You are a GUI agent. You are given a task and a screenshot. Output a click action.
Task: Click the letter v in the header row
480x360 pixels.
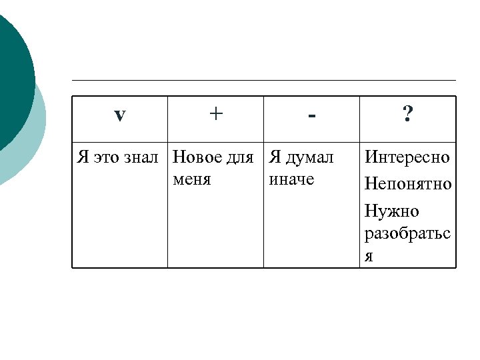point(119,115)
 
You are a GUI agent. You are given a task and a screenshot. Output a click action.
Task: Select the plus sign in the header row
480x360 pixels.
point(215,114)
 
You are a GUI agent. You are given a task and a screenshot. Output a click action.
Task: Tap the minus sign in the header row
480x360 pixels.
point(311,117)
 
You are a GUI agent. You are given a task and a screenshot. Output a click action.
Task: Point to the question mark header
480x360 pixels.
point(407,115)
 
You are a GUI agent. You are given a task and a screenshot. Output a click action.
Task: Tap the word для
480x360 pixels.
point(240,159)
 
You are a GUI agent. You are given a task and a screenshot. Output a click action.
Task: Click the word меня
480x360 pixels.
point(191,179)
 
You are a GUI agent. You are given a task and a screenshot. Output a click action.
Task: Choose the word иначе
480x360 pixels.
point(291,179)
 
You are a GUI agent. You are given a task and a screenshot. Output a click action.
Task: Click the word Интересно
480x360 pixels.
point(407,158)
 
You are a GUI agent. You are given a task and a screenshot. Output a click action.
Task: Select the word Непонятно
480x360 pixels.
point(408,183)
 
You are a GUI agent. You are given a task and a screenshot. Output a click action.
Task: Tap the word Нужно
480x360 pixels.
point(392,211)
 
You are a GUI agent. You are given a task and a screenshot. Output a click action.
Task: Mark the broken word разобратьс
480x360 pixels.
point(407,235)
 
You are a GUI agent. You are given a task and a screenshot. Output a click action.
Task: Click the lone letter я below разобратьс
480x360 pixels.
point(369,257)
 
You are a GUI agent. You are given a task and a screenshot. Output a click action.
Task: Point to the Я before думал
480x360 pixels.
point(274,158)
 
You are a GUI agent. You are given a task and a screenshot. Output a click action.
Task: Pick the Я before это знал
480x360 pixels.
point(83,158)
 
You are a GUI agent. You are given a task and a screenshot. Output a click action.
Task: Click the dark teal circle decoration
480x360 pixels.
point(12,73)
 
